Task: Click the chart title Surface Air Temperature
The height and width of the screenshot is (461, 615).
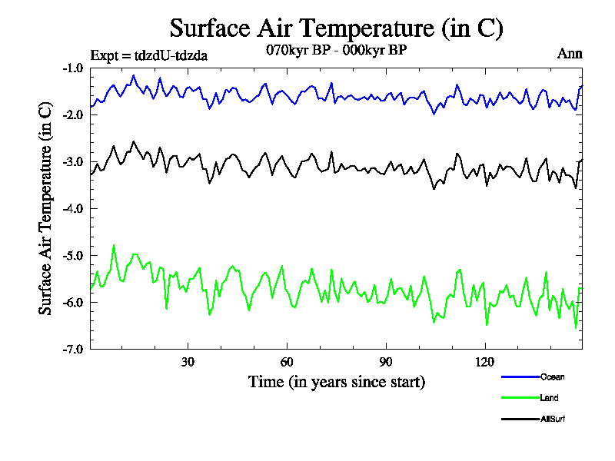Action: [x=336, y=28]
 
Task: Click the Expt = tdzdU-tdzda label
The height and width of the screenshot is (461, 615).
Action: [x=148, y=55]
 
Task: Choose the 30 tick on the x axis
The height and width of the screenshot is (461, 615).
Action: [x=188, y=362]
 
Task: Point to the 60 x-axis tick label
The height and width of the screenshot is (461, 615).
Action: [x=287, y=362]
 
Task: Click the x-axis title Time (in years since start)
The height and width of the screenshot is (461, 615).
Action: [x=336, y=382]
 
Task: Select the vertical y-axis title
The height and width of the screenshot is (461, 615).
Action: [x=46, y=208]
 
